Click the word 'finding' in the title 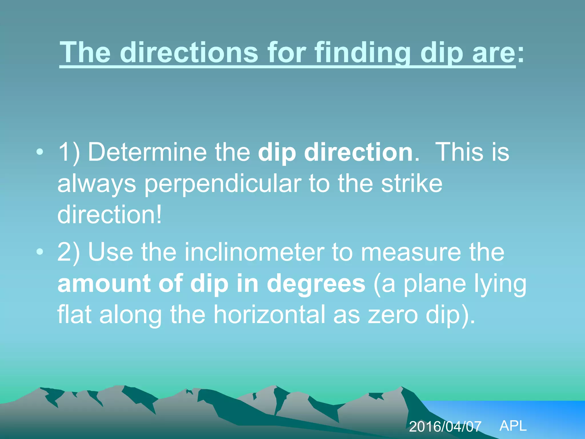(x=362, y=53)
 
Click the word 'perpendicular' (x=223, y=184)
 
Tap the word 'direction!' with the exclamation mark (x=110, y=215)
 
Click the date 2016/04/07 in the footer (x=445, y=427)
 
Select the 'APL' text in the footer (x=513, y=426)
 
